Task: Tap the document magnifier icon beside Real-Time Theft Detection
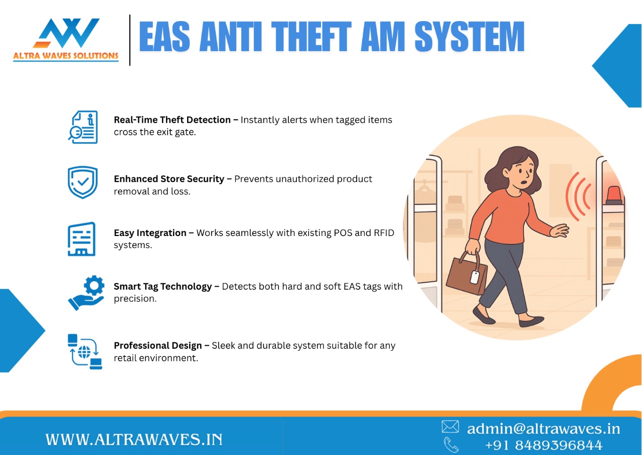click(83, 127)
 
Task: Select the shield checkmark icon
click(83, 182)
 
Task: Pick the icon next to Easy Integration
click(81, 239)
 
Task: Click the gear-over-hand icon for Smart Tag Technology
click(86, 293)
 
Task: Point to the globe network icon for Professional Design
click(85, 352)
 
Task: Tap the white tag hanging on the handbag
click(474, 277)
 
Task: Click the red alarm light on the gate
click(613, 195)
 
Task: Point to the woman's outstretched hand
click(559, 231)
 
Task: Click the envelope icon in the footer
click(450, 427)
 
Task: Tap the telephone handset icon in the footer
click(451, 444)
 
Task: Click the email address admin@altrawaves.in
click(543, 428)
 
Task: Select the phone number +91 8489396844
click(544, 445)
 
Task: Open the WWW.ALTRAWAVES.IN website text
click(134, 439)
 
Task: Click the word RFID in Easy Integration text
click(383, 233)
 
